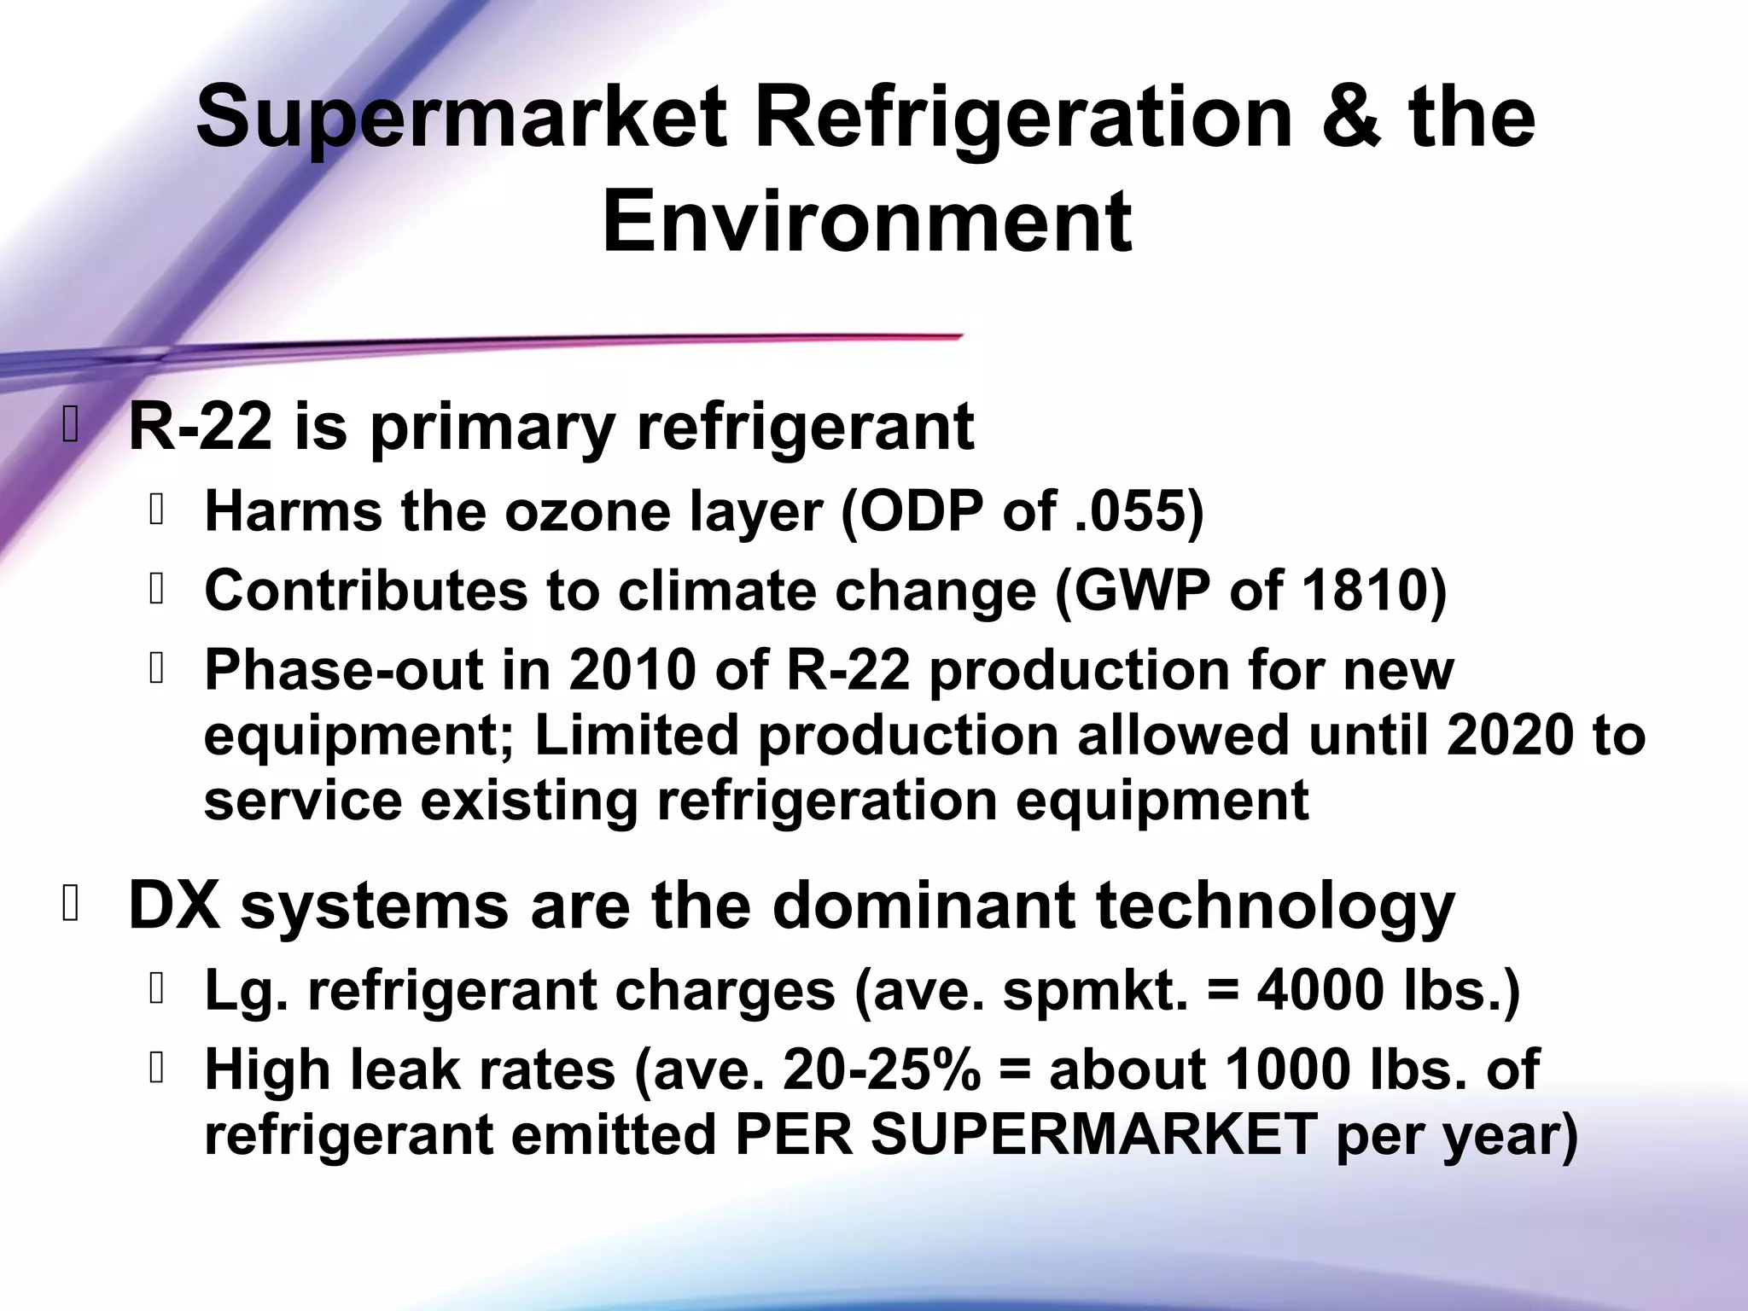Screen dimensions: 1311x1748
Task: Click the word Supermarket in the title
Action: [x=462, y=119]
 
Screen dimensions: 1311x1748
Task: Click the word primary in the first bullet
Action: [x=492, y=428]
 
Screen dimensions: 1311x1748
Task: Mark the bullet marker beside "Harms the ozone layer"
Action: [x=155, y=511]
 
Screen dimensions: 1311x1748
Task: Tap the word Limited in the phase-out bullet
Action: [x=635, y=735]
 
